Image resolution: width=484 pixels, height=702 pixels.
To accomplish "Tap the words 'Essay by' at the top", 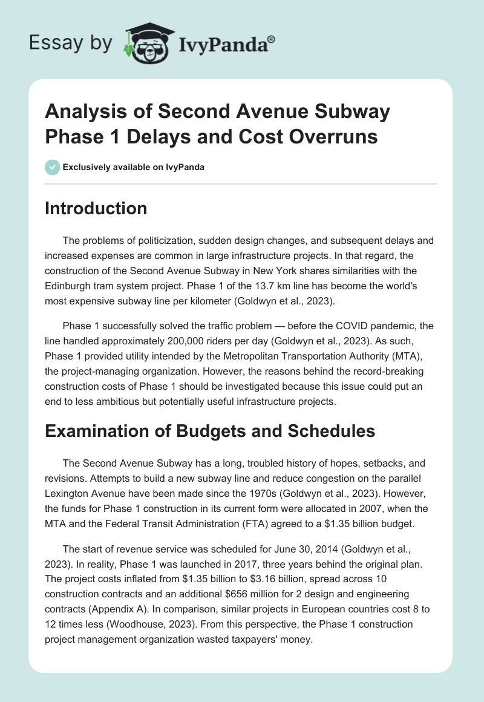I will pyautogui.click(x=71, y=44).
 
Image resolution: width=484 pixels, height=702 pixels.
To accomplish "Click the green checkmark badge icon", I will pyautogui.click(x=53, y=167).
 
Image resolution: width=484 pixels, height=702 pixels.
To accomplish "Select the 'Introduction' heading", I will pyautogui.click(x=96, y=208).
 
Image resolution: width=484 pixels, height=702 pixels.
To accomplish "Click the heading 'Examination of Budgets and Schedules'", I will pyautogui.click(x=211, y=431).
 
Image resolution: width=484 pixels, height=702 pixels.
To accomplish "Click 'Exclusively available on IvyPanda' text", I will pyautogui.click(x=133, y=167).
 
